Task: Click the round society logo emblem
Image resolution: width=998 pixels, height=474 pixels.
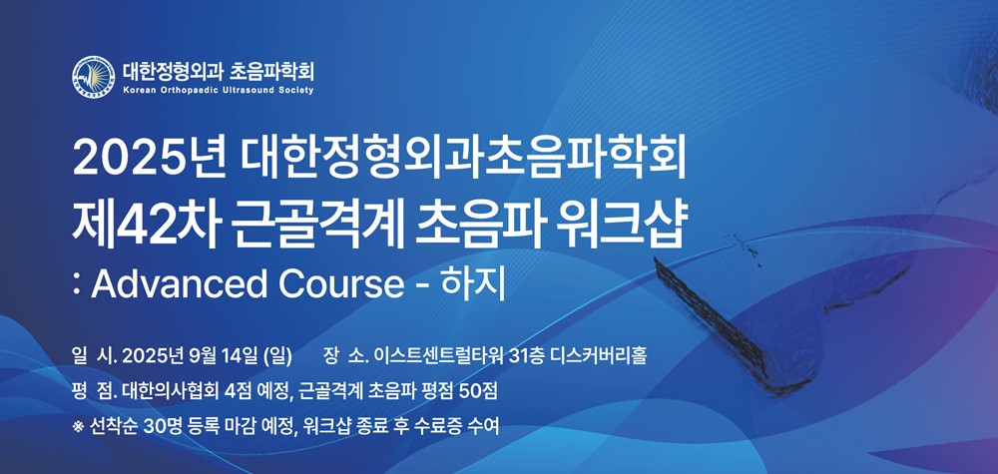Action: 93,77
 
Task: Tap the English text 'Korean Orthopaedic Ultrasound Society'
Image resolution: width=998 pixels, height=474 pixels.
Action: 219,91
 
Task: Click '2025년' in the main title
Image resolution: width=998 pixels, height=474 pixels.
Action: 149,162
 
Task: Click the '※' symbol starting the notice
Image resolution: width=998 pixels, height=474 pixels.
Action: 78,426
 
